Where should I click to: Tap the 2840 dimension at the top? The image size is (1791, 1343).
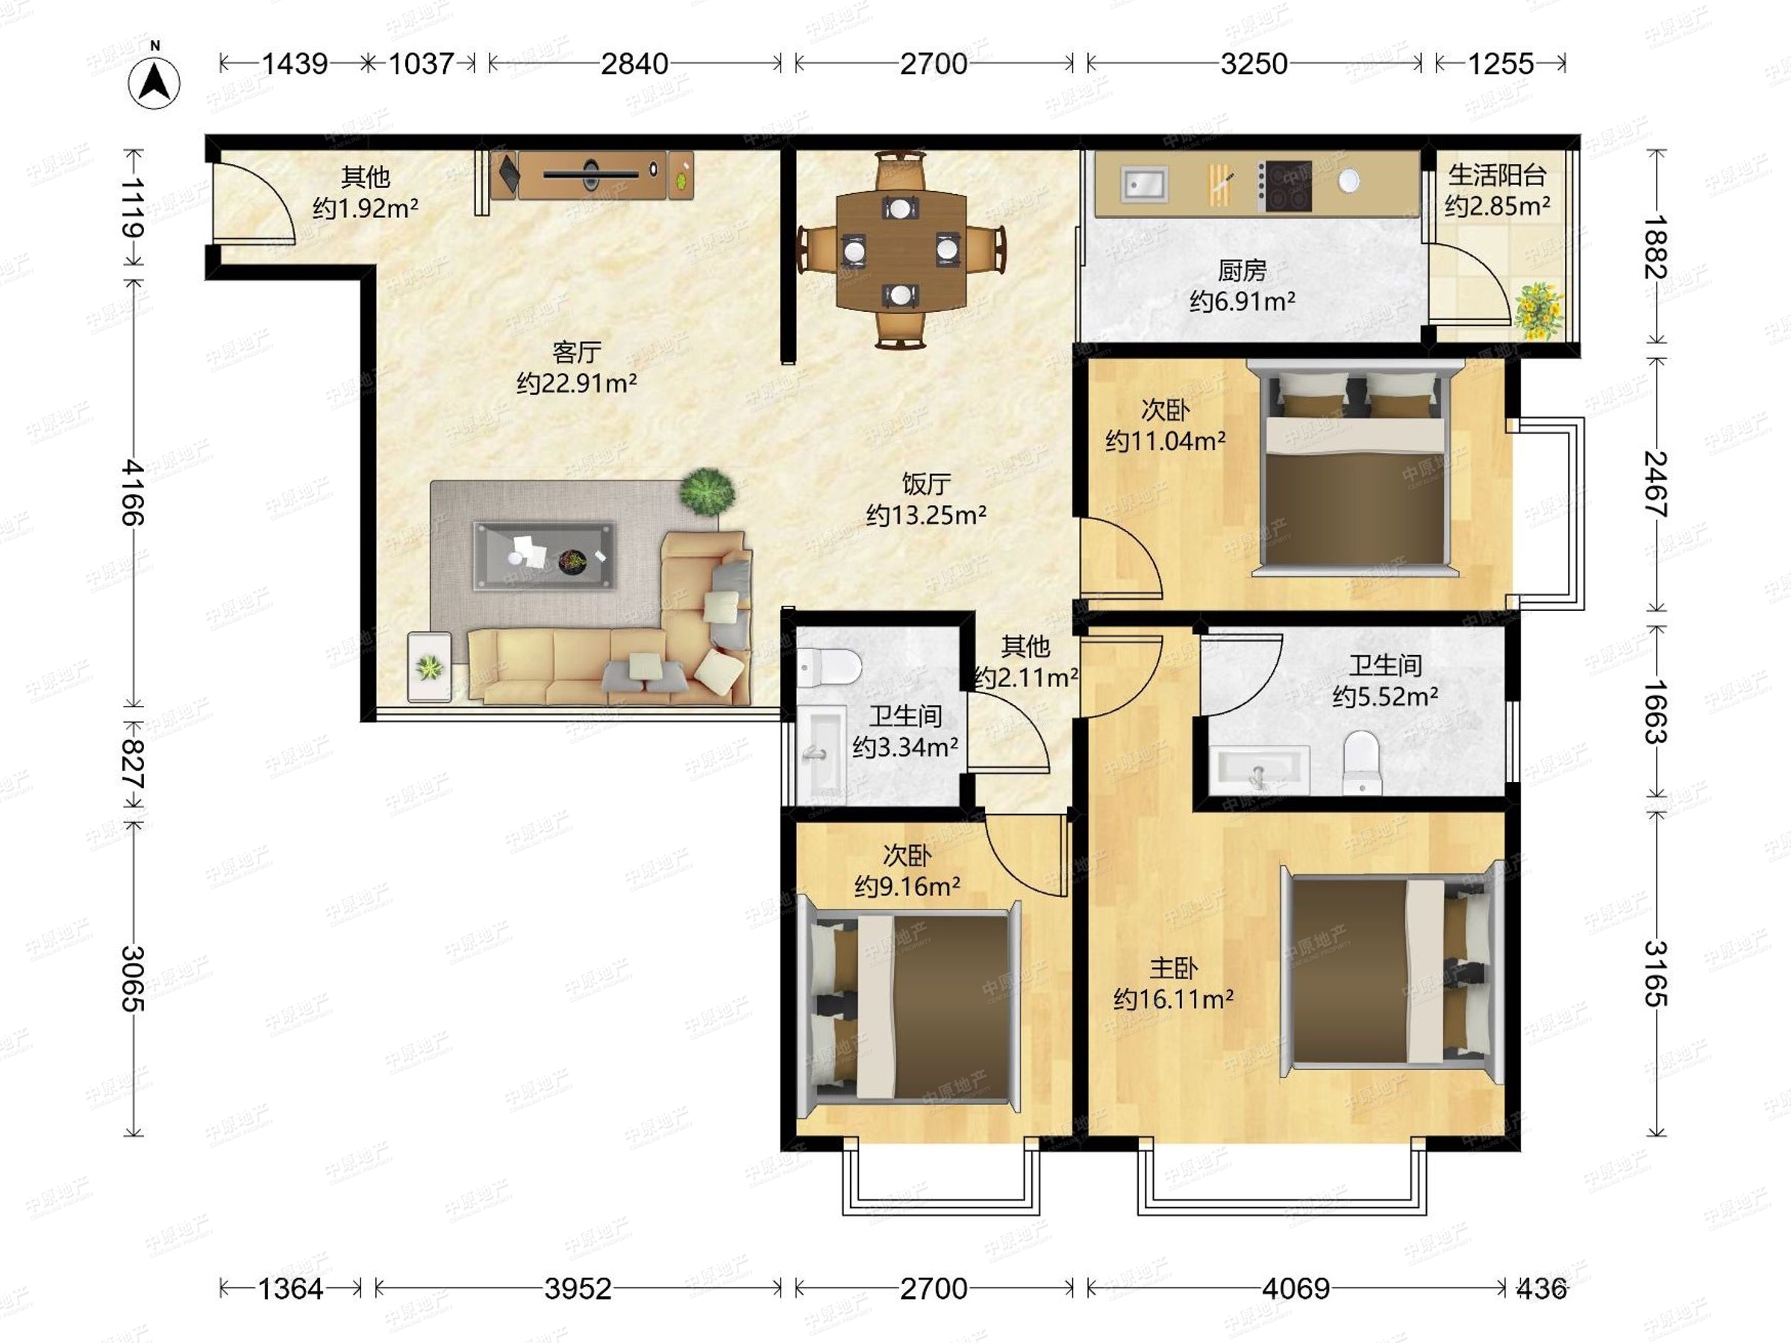point(635,64)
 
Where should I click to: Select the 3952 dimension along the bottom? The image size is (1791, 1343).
point(578,1288)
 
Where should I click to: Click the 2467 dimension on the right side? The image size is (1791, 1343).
point(1657,484)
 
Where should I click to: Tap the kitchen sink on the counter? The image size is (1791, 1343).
point(1143,184)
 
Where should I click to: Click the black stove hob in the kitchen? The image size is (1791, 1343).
point(1284,185)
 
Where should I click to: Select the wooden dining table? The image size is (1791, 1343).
point(901,250)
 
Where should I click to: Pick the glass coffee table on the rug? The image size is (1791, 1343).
point(544,556)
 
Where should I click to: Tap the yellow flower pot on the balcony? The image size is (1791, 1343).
point(1537,310)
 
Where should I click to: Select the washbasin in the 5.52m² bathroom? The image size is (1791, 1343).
point(1259,770)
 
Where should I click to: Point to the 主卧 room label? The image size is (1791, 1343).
point(1173,968)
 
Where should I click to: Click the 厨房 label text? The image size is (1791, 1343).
point(1241,270)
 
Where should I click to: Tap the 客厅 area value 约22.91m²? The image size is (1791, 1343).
point(577,383)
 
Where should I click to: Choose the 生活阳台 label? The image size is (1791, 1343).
point(1497,175)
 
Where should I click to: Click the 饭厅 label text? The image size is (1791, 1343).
point(926,483)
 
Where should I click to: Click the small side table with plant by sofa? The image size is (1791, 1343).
point(429,666)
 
